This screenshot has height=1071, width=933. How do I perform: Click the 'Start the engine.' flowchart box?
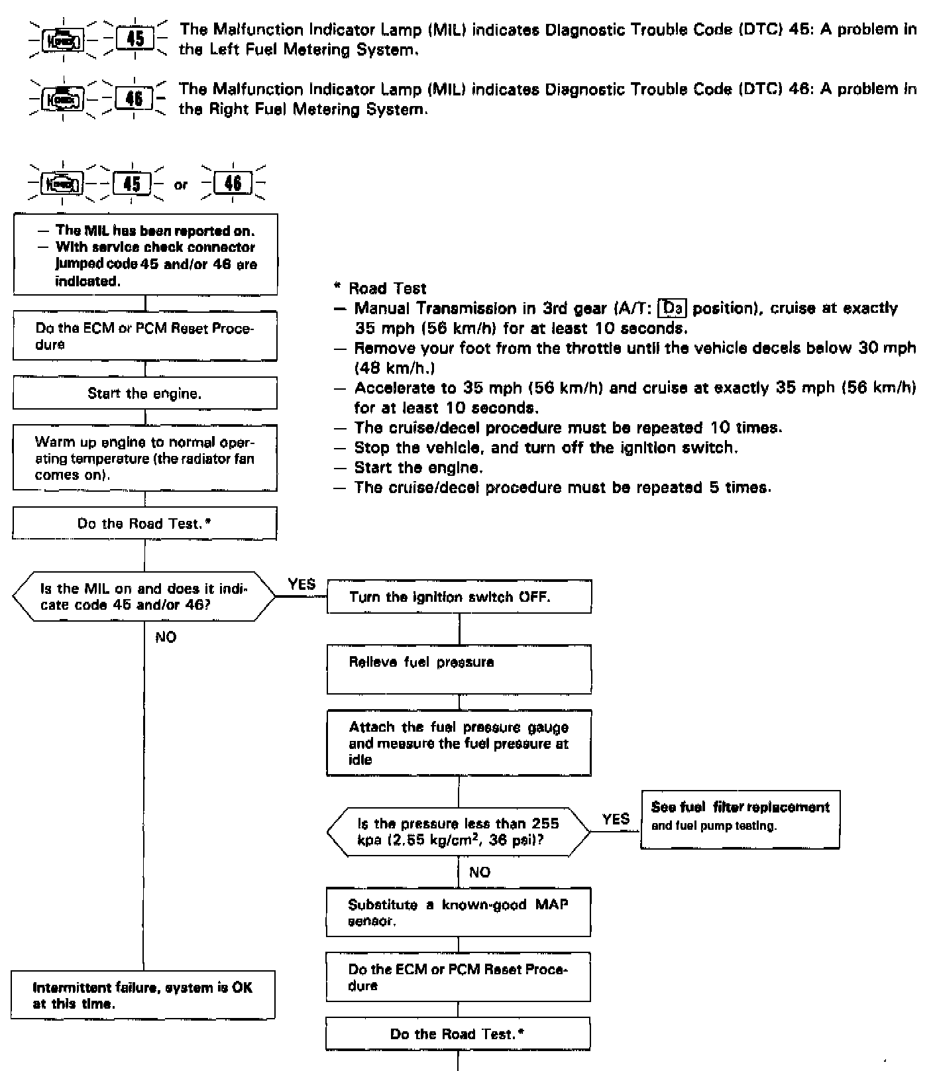coord(144,393)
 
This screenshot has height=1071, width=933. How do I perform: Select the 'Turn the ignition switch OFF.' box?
coord(459,596)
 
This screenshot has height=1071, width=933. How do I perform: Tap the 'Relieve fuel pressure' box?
coord(459,669)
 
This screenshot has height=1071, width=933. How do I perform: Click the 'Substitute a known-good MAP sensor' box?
coord(458,913)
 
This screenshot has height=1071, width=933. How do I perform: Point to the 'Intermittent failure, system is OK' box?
coord(142,995)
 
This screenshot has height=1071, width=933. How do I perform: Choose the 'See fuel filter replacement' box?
coord(740,819)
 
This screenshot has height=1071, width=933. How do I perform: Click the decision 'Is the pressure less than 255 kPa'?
coord(458,831)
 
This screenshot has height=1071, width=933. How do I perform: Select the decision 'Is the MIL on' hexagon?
coord(143,596)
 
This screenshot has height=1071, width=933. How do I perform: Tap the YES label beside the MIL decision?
coord(302,584)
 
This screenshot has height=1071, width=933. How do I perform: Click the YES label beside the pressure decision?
coord(616,818)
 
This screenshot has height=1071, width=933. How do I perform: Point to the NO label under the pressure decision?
coord(479,872)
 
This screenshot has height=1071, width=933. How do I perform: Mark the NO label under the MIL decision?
coord(166,637)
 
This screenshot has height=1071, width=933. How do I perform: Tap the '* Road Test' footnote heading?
coord(380,288)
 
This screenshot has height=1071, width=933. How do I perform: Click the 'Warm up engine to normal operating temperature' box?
coord(144,458)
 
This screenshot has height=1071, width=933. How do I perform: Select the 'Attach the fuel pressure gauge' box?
coord(459,743)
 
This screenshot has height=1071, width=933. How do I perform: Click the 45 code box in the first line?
coord(135,38)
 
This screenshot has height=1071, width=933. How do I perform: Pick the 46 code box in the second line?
coord(135,99)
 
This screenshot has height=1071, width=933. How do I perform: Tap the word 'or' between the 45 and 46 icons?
coord(181,186)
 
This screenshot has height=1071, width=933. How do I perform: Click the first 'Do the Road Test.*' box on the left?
coord(144,524)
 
